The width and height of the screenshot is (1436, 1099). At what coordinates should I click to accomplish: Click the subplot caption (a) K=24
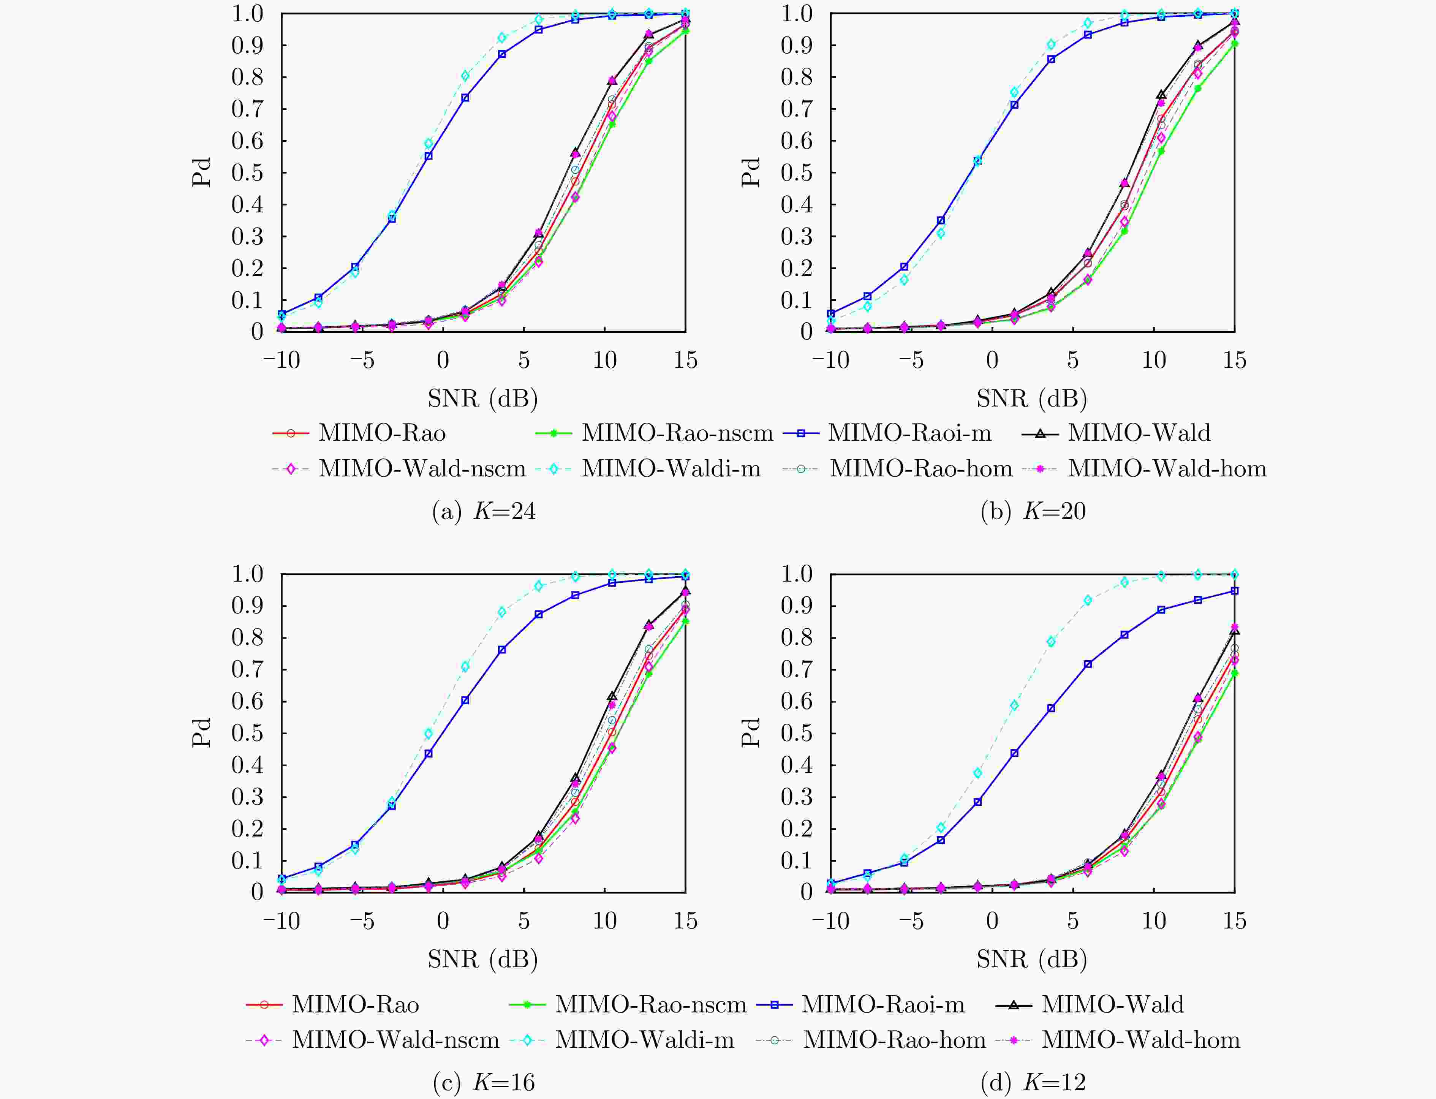tap(484, 511)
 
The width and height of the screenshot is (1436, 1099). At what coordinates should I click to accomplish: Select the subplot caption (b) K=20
tap(1033, 511)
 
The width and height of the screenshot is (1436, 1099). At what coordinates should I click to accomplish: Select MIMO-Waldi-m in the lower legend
tap(644, 1039)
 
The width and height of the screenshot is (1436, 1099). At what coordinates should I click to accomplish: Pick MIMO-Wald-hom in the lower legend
tap(1140, 1039)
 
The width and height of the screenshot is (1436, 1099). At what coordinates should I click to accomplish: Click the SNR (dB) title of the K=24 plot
tap(483, 398)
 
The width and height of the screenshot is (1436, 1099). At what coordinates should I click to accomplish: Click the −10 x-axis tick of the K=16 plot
tap(282, 921)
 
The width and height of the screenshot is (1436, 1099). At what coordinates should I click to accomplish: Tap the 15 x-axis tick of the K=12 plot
tap(1234, 921)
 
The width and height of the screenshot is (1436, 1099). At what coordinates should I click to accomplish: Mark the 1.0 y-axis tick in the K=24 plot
tap(247, 14)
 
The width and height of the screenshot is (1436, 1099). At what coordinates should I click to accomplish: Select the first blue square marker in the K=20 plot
tap(831, 313)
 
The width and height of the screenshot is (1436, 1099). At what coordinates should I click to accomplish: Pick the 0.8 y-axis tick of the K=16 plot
tap(247, 638)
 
